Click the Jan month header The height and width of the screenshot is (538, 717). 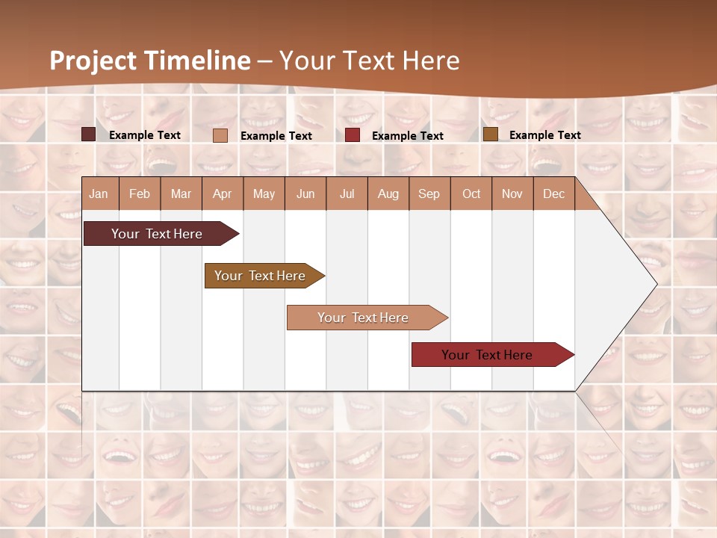[99, 194]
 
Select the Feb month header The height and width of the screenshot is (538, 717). [140, 194]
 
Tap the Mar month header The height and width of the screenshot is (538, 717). [181, 194]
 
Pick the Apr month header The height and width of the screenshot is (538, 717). [223, 194]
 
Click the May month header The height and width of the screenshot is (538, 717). [264, 194]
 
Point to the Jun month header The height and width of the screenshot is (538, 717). [305, 194]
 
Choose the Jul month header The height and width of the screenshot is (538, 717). [347, 194]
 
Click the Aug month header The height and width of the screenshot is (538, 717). [388, 194]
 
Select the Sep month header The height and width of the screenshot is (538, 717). [429, 194]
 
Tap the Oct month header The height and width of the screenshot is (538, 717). [471, 194]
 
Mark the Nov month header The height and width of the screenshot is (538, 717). [512, 194]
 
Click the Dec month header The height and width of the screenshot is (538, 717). [554, 194]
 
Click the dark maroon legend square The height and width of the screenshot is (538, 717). [88, 134]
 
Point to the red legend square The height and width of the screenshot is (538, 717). [353, 134]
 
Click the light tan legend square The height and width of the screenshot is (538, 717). [220, 135]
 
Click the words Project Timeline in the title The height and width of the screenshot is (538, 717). [150, 61]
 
